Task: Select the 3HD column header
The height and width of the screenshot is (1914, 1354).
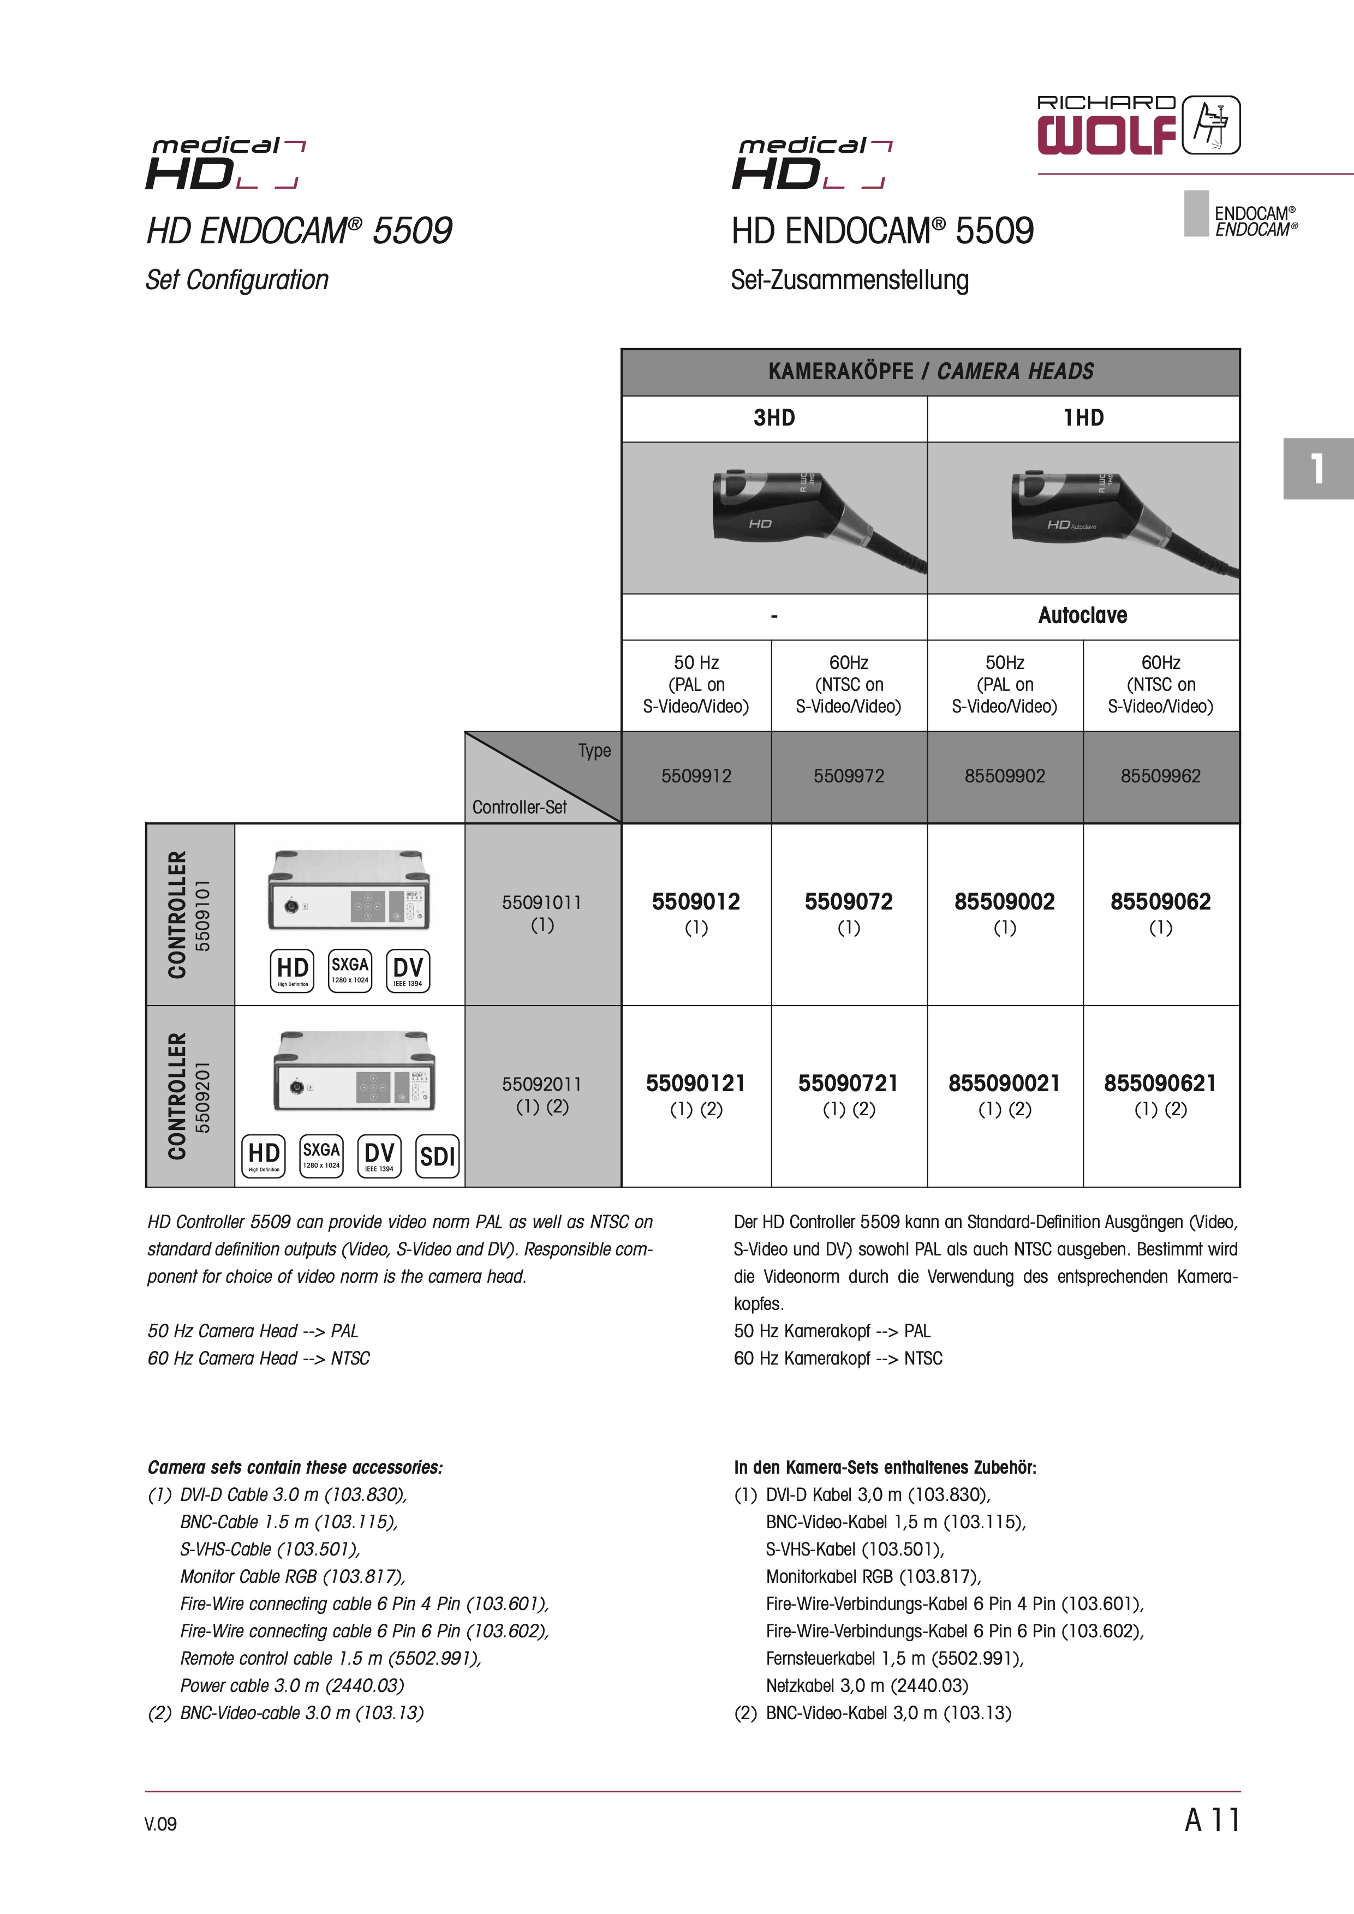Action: click(x=774, y=417)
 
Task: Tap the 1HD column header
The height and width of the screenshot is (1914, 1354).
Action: click(x=1083, y=417)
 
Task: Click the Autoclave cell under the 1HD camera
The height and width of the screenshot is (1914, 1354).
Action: click(x=1082, y=615)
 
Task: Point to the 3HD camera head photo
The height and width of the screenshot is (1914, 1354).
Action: click(x=774, y=518)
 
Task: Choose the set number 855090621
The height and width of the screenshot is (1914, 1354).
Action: click(x=1160, y=1083)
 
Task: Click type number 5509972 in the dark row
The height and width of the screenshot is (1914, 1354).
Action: click(x=848, y=776)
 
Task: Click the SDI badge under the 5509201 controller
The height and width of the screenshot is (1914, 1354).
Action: click(x=437, y=1156)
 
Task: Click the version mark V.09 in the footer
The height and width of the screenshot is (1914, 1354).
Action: click(x=160, y=1824)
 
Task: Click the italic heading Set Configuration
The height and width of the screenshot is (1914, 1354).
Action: click(x=237, y=280)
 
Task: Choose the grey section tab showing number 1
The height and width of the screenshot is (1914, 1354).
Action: click(x=1317, y=469)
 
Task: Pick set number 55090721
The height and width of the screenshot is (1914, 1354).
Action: click(x=848, y=1083)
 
